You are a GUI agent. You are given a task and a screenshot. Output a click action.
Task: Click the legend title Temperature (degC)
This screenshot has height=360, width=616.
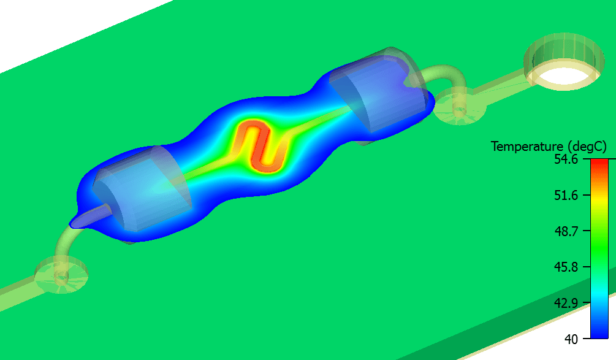click(549, 147)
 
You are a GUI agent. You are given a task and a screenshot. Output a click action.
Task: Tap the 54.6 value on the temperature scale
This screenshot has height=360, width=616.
click(566, 159)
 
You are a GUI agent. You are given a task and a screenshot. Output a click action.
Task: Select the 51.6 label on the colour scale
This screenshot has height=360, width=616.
click(566, 195)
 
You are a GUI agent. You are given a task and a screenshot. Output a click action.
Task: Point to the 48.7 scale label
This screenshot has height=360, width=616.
click(566, 231)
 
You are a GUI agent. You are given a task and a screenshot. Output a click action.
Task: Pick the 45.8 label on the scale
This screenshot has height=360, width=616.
click(566, 267)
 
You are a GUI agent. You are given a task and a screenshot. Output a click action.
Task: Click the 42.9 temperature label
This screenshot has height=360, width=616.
click(566, 303)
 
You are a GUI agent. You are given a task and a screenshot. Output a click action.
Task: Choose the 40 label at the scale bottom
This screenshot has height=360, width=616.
click(571, 339)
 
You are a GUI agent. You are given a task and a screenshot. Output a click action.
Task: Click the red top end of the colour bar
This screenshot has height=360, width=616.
click(599, 162)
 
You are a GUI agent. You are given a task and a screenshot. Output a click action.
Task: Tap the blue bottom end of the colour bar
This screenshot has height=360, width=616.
click(599, 335)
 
